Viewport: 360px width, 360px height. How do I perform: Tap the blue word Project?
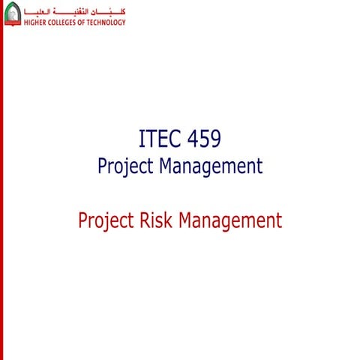click(x=125, y=166)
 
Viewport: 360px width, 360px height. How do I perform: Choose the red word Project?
click(x=105, y=221)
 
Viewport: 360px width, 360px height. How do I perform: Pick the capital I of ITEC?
click(x=142, y=139)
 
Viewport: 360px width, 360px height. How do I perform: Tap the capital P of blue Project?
click(x=102, y=166)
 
